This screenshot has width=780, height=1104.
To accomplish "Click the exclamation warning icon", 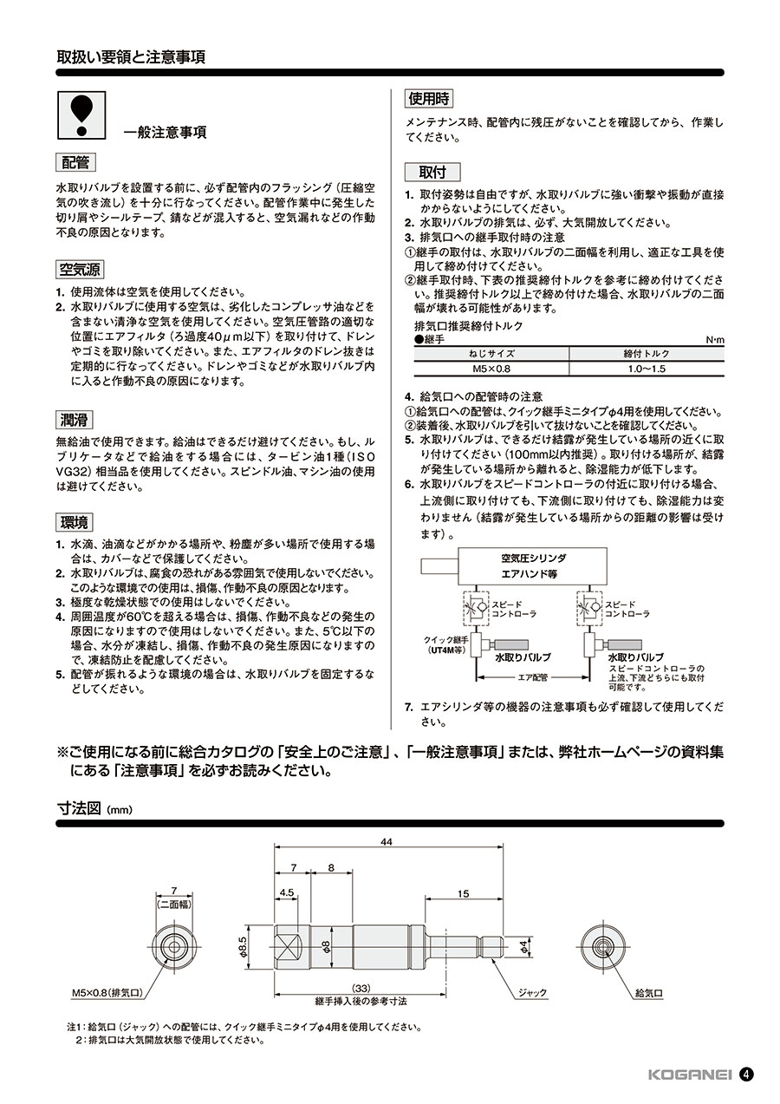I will click(81, 116).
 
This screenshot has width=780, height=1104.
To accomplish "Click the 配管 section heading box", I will click(76, 162).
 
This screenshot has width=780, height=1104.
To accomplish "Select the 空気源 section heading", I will click(81, 270).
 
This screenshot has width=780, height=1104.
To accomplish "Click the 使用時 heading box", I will click(431, 98).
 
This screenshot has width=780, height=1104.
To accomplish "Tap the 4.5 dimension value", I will click(288, 892).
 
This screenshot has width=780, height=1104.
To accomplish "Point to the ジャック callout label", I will click(531, 992).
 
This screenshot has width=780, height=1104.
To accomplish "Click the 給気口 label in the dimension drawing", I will click(649, 992).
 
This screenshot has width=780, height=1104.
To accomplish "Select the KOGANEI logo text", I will click(690, 1074).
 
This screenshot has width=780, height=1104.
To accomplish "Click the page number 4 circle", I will click(746, 1074).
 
